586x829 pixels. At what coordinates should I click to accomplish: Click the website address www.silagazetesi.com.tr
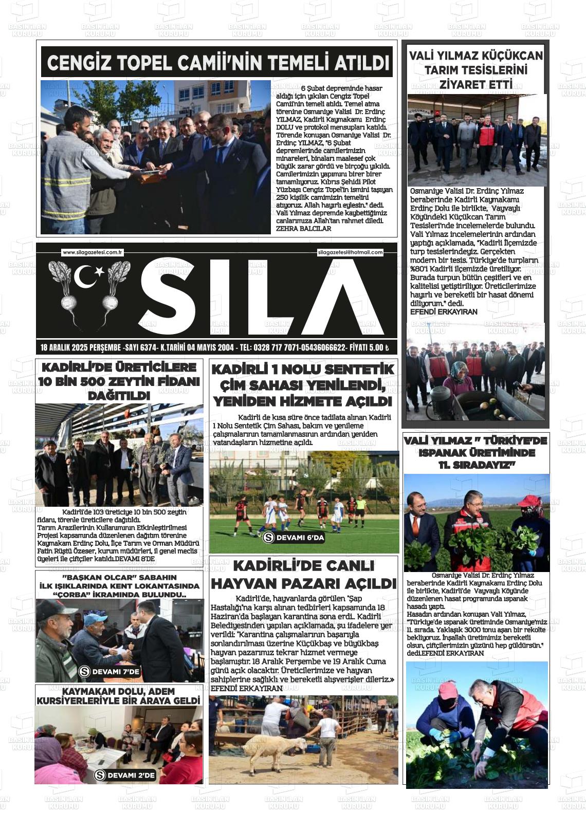point(92,252)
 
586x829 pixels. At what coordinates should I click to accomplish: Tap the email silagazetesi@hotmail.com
point(351,252)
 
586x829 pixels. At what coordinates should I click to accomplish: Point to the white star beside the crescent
point(99,273)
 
